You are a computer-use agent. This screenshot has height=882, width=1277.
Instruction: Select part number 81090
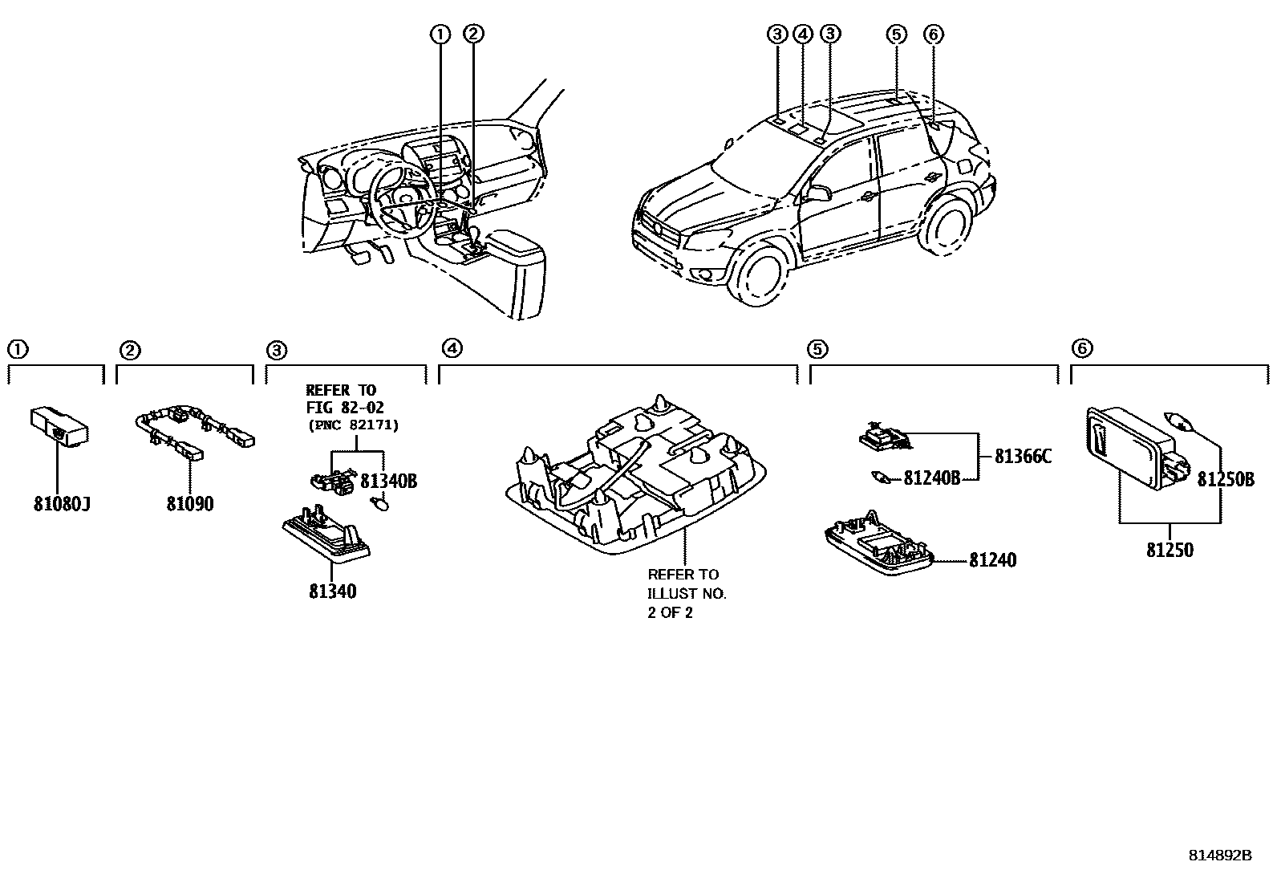point(190,504)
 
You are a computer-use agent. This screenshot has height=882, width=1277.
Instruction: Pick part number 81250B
point(1225,479)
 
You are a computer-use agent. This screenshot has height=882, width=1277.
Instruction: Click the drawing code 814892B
point(1219,856)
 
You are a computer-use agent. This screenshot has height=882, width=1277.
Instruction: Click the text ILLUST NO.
point(687,594)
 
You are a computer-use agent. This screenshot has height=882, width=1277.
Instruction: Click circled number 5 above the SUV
point(896,34)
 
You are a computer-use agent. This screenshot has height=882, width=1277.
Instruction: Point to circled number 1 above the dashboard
point(439,34)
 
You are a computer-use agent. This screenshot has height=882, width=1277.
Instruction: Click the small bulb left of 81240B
point(881,478)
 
